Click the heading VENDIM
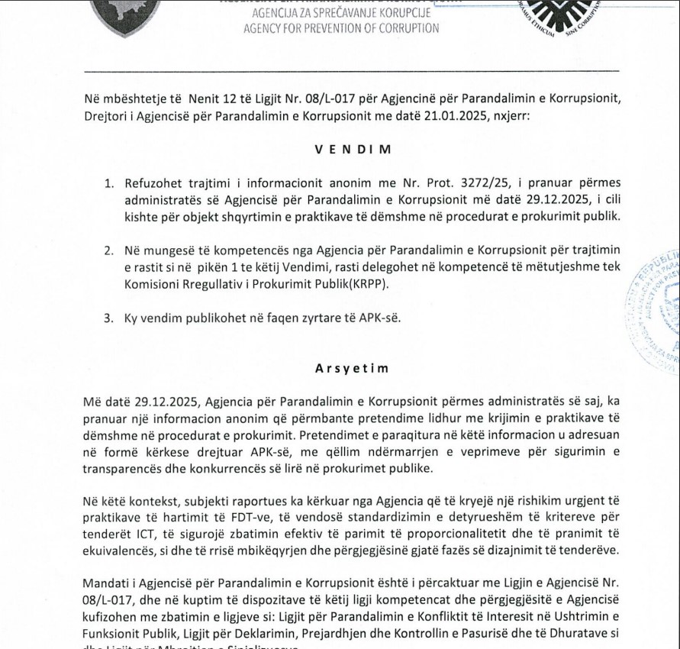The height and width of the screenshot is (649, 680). point(352,150)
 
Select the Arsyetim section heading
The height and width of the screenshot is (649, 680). point(352,368)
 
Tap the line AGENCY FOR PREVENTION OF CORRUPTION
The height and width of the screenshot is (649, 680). point(341,28)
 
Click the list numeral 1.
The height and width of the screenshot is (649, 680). point(109,183)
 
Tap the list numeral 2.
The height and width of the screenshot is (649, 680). point(109,250)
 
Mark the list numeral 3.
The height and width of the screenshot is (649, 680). point(109,318)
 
